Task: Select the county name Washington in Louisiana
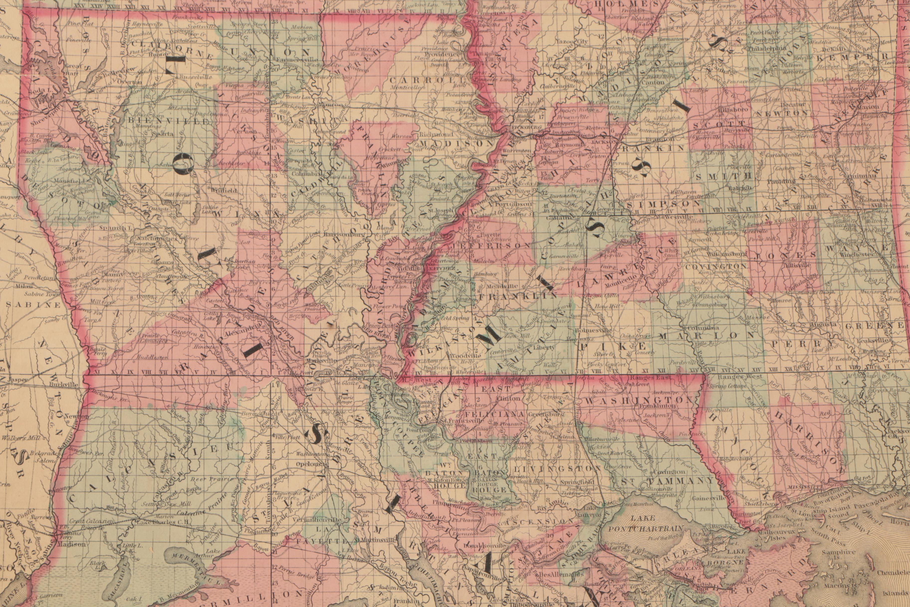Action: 637,400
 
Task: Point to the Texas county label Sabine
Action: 33,305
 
